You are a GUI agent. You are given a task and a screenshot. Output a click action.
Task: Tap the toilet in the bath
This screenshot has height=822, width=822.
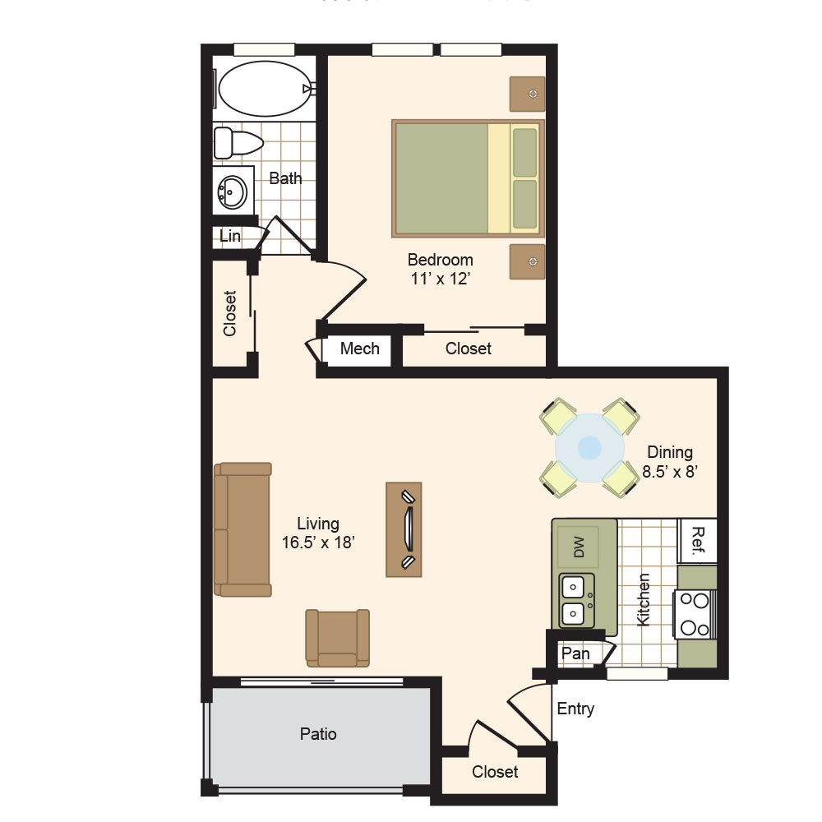point(238,142)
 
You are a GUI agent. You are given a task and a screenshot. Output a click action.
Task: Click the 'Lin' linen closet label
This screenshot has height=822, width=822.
point(230,236)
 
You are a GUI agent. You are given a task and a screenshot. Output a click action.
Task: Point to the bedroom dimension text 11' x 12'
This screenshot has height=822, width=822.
point(440,279)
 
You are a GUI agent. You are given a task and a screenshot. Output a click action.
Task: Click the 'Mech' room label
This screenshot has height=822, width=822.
point(360,349)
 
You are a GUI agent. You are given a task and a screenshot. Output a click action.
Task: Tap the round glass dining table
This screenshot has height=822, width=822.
point(589,448)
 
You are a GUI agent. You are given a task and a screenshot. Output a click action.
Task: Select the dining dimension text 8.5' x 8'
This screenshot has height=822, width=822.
point(670,472)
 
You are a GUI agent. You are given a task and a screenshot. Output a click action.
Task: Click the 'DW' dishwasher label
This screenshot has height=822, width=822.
point(579,547)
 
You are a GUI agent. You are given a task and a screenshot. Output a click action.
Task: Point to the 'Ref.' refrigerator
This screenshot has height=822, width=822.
point(697,541)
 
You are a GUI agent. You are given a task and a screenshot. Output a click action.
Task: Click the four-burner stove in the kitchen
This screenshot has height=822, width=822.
point(695,614)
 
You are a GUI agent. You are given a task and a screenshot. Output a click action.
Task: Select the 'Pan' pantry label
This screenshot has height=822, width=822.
point(575,653)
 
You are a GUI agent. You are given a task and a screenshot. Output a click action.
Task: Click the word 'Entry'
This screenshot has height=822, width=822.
point(575,709)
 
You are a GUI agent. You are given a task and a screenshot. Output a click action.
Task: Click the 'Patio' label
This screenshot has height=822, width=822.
point(318,734)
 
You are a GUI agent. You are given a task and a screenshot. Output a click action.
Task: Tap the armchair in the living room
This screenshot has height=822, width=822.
point(338,638)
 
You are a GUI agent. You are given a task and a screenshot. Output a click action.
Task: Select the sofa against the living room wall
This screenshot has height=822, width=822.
point(242,529)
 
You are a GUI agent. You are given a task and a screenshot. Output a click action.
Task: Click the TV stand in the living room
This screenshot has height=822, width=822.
point(404,529)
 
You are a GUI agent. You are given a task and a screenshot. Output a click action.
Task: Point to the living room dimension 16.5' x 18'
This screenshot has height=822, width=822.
point(318,543)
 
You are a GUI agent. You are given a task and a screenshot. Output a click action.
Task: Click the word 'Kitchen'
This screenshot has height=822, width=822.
point(643,600)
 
